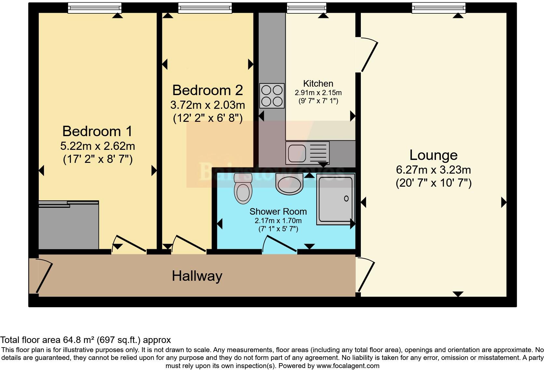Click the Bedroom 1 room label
(97, 131)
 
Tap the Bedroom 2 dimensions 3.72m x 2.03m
(208, 105)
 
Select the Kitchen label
(318, 83)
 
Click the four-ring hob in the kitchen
(272, 96)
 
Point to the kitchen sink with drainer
(307, 152)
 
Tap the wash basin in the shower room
(289, 184)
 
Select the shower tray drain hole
(346, 198)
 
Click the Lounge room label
(433, 155)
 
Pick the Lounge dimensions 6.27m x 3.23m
(433, 170)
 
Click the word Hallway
(197, 276)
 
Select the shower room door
(279, 244)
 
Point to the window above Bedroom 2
(205, 8)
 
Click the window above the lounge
(438, 8)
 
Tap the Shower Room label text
(278, 211)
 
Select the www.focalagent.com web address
(347, 366)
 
